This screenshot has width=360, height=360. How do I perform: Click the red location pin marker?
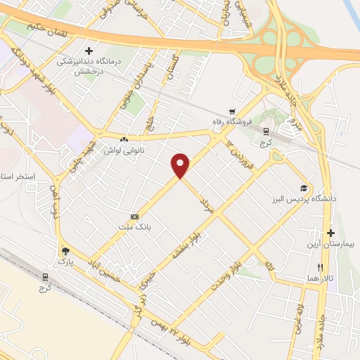point(181,165)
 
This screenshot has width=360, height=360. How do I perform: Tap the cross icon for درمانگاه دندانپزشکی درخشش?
point(89,51)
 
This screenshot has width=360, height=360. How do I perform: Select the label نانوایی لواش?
point(124,151)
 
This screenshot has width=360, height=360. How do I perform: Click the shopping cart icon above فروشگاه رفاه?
point(231,112)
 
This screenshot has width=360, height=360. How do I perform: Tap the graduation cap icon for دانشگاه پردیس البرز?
point(303,188)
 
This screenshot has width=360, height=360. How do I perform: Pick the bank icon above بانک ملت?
point(134,217)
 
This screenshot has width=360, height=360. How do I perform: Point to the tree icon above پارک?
point(65,251)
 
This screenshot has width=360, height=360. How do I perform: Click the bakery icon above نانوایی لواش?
point(124,140)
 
